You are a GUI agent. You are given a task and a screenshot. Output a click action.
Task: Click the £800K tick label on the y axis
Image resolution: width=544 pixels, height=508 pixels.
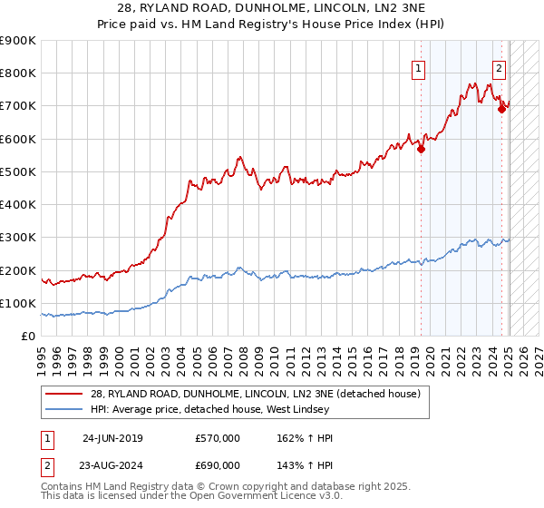pyautogui.click(x=18, y=73)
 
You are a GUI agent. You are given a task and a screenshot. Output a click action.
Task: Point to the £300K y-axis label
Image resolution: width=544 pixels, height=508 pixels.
pyautogui.click(x=18, y=238)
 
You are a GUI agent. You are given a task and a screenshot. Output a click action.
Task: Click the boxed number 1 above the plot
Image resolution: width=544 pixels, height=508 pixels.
pyautogui.click(x=419, y=66)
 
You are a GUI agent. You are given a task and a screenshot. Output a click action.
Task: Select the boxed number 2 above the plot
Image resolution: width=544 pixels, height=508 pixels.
pyautogui.click(x=500, y=66)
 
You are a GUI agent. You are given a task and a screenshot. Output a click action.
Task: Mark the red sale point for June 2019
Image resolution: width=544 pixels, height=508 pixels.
pyautogui.click(x=421, y=150)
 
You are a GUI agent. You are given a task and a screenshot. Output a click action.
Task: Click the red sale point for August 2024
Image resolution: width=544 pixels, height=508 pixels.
pyautogui.click(x=501, y=110)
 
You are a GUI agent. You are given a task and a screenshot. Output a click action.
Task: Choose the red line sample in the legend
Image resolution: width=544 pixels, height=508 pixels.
pyautogui.click(x=63, y=394)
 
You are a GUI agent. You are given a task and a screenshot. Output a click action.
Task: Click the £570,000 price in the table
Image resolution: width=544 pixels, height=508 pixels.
pyautogui.click(x=218, y=437)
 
